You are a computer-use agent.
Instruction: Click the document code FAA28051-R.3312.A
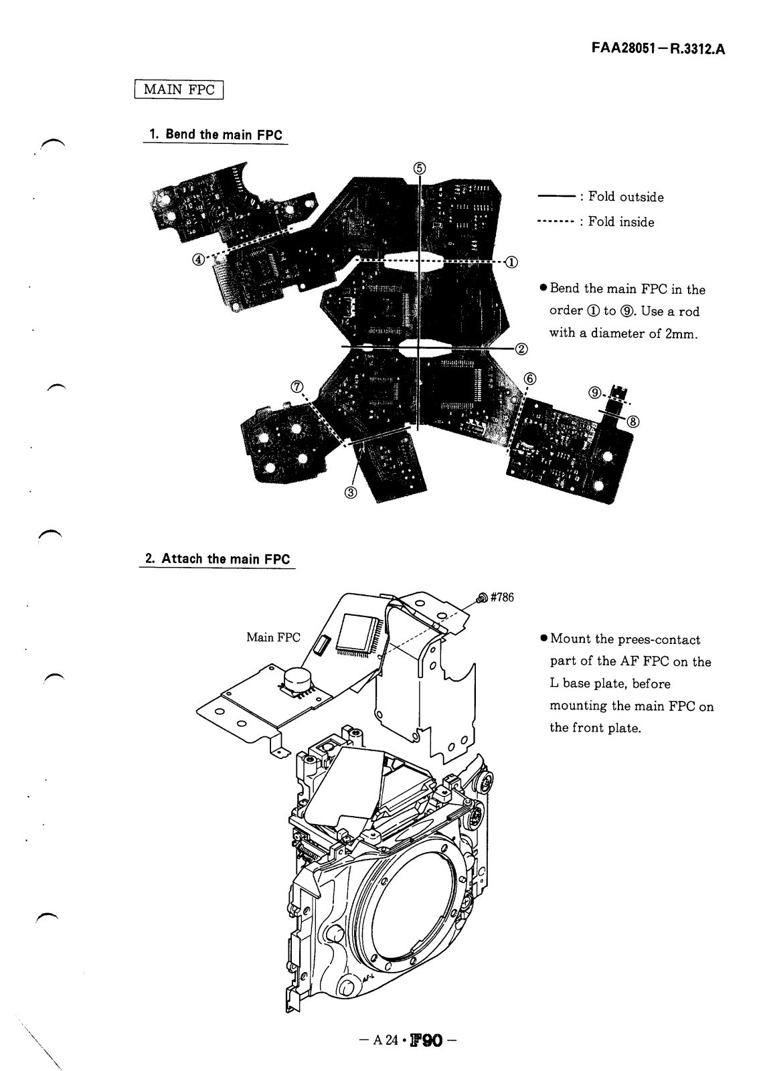coord(659,49)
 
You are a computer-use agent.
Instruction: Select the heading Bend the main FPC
coord(216,134)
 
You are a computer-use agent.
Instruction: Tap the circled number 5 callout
coord(419,168)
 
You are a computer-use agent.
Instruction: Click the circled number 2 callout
coord(521,348)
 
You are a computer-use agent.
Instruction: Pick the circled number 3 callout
coord(351,493)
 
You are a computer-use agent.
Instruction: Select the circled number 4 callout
coord(199,260)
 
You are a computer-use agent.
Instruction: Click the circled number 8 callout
coord(633,421)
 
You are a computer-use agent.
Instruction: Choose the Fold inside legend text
coord(621,222)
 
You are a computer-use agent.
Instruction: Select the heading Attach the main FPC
coord(218,559)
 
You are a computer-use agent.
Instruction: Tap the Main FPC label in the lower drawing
coord(274,637)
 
